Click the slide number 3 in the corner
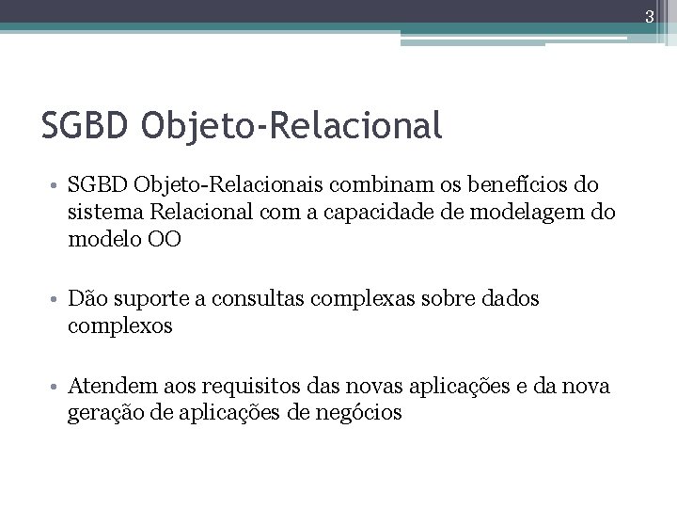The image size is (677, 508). [x=661, y=12]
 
